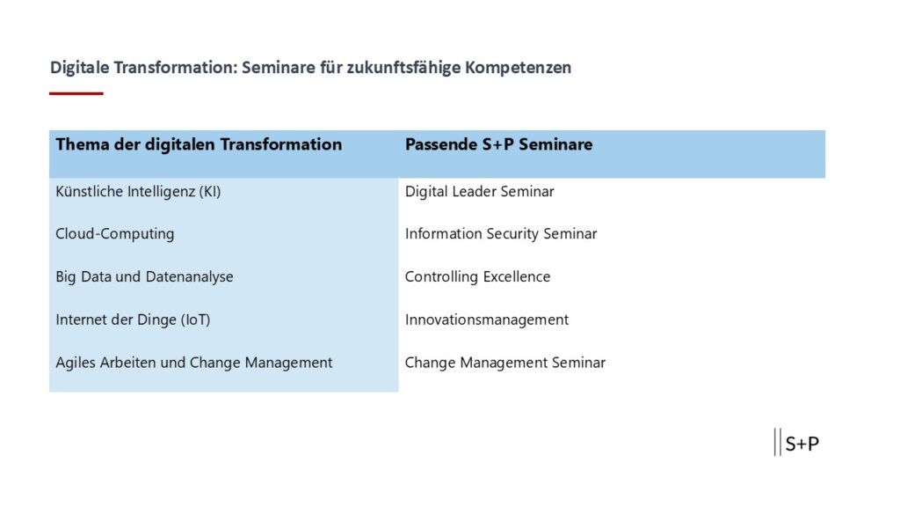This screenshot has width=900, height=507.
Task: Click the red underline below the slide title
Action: point(76,93)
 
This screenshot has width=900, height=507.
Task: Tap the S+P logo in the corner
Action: point(796,443)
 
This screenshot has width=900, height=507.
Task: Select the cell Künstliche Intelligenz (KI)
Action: point(138,191)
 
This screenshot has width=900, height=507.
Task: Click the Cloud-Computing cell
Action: point(115,234)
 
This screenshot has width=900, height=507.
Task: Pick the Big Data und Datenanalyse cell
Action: point(145,277)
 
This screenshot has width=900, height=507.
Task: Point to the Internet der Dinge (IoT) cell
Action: point(134,320)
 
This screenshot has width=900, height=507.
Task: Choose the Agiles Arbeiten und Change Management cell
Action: point(194,363)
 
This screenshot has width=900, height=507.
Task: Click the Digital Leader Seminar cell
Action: point(480,191)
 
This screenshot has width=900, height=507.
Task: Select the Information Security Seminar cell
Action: point(501,234)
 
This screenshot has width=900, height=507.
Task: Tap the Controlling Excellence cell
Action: point(477,277)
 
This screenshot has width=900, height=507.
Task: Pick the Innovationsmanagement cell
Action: point(487,320)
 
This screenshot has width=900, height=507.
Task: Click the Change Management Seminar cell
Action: point(505,363)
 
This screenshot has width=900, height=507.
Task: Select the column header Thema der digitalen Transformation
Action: point(199,144)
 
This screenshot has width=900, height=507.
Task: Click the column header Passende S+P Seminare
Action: point(499,144)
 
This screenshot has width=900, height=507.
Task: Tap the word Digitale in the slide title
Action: point(80,67)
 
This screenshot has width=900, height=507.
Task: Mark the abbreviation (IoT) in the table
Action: point(196,320)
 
